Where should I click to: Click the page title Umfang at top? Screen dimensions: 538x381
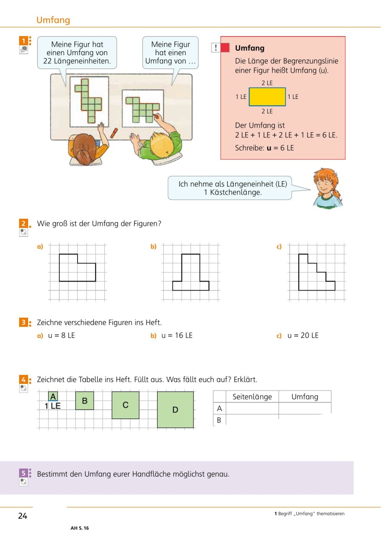tap(53, 20)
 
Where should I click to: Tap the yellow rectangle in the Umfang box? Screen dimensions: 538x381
tap(267, 97)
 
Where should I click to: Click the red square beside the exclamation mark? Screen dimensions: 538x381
tap(225, 48)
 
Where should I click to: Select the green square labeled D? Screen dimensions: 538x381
tap(175, 410)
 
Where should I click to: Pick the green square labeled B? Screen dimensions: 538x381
tap(85, 401)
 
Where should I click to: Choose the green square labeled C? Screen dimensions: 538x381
tap(125, 405)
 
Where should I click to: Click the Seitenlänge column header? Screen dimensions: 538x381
tap(252, 397)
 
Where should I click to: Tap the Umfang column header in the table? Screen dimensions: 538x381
tap(305, 397)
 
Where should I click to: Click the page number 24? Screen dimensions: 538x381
tap(23, 516)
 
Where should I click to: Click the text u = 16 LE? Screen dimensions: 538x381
tap(177, 335)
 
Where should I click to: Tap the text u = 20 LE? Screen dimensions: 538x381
tap(303, 335)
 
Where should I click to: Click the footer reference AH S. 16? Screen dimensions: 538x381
tap(80, 528)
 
